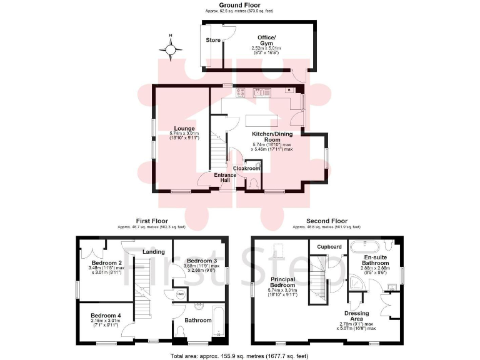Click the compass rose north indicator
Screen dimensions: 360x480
coord(171,48)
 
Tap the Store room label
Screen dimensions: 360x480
coord(213,40)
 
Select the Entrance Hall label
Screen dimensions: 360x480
coord(226,177)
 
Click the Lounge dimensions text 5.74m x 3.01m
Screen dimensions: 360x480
coord(184,133)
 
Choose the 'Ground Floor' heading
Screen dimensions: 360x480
coord(240,5)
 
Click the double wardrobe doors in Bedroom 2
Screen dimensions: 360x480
coord(92,252)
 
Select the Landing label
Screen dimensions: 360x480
coord(153,252)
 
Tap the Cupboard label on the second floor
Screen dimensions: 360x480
coord(329,247)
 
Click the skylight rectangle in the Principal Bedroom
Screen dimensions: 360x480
coord(281,251)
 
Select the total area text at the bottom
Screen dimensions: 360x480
coord(240,355)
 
